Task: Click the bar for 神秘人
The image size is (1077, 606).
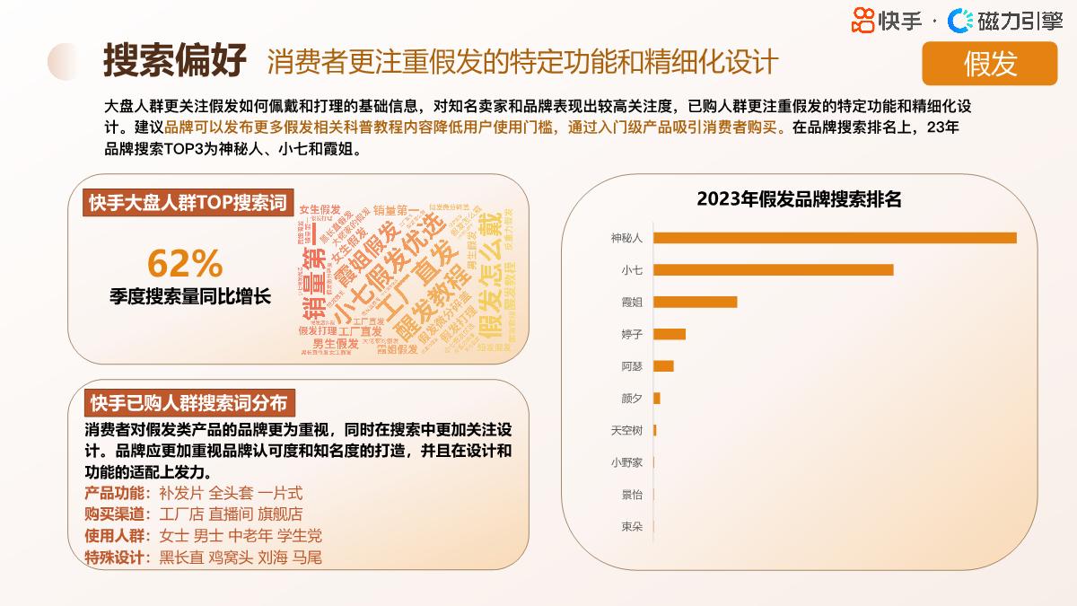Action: [835, 238]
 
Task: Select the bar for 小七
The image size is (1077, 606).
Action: [773, 269]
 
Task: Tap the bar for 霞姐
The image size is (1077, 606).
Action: [695, 302]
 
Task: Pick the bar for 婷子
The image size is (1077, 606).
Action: [670, 334]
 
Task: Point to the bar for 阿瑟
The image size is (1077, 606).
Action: [663, 366]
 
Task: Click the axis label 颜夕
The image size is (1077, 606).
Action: [632, 398]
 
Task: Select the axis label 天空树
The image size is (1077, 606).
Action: [626, 430]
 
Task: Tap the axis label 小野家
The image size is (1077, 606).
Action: [626, 462]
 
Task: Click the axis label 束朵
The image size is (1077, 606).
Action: [632, 526]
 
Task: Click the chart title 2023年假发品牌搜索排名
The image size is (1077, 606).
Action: [799, 199]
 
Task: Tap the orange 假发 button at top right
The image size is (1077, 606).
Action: [990, 64]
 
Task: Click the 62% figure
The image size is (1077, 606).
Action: [185, 263]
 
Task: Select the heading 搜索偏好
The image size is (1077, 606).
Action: [174, 61]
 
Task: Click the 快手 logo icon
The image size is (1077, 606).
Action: [862, 20]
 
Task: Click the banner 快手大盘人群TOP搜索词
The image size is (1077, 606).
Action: [187, 203]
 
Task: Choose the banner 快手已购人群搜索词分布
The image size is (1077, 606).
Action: [188, 401]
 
